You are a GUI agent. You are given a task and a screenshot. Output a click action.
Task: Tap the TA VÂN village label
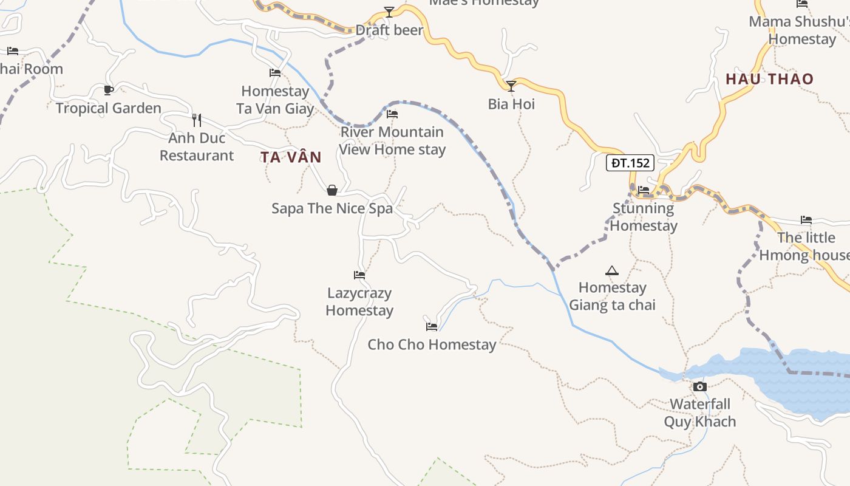pyautogui.click(x=291, y=157)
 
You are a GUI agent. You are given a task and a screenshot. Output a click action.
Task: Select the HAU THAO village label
pyautogui.click(x=769, y=79)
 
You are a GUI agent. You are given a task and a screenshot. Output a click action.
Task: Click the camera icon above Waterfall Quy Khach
pyautogui.click(x=699, y=386)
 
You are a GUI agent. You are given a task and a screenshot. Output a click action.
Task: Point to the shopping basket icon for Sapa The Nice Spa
pyautogui.click(x=332, y=191)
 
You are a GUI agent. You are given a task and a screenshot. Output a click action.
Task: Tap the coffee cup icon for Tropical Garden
pyautogui.click(x=108, y=91)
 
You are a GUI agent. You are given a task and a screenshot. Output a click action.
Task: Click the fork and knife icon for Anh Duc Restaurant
pyautogui.click(x=196, y=120)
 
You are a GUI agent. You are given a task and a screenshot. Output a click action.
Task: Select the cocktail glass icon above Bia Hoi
pyautogui.click(x=511, y=86)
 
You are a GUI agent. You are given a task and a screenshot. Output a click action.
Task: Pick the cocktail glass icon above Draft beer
pyautogui.click(x=389, y=12)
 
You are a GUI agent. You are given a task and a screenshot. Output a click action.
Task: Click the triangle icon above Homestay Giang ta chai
pyautogui.click(x=611, y=270)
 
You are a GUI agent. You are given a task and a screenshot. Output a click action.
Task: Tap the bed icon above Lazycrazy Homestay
pyautogui.click(x=359, y=275)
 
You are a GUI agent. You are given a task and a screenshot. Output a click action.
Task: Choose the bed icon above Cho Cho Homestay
pyautogui.click(x=432, y=326)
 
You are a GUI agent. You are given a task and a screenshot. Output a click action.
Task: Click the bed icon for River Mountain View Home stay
pyautogui.click(x=392, y=114)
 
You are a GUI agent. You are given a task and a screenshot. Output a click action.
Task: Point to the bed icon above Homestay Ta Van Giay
pyautogui.click(x=275, y=74)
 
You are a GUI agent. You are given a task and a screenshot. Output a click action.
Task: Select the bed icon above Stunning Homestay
pyautogui.click(x=644, y=191)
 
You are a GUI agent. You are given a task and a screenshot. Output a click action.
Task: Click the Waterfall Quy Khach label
pyautogui.click(x=699, y=413)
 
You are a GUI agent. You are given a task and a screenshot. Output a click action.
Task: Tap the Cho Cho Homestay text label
pyautogui.click(x=432, y=345)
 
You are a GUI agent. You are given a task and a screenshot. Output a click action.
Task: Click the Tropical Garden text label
pyautogui.click(x=109, y=109)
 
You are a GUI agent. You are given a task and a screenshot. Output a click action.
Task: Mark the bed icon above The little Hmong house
pyautogui.click(x=806, y=220)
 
